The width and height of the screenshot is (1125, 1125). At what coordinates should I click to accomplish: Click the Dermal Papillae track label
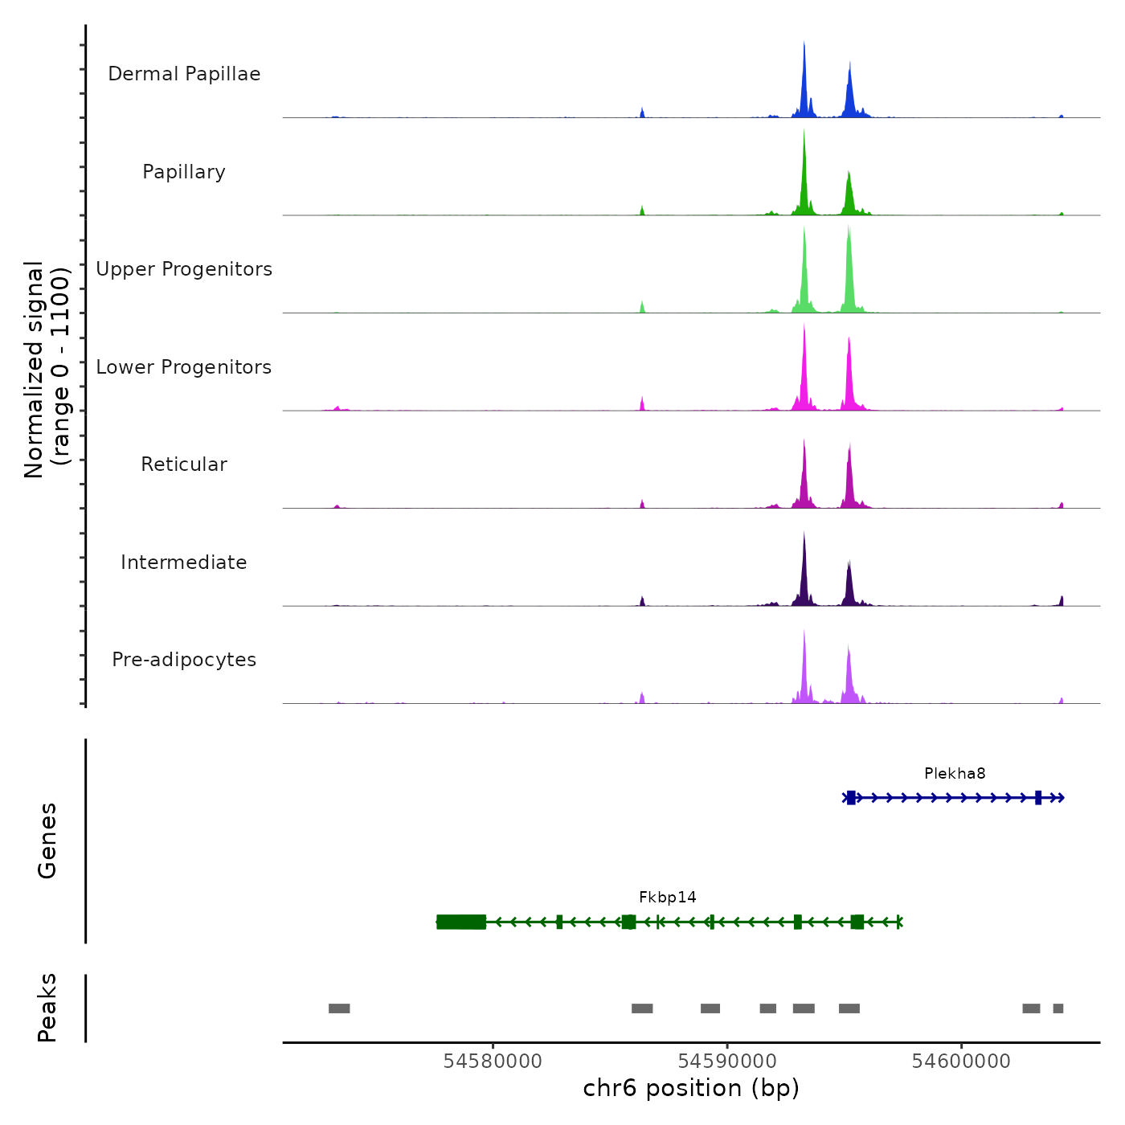(x=184, y=74)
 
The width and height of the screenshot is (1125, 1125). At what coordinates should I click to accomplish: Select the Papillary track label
(x=184, y=172)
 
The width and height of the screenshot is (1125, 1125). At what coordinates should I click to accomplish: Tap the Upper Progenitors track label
(x=184, y=269)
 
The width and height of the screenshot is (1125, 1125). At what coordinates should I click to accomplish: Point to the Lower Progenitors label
(x=184, y=367)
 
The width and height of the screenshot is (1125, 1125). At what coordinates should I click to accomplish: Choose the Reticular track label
(x=184, y=464)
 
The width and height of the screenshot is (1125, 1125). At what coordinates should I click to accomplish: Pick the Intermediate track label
(x=184, y=562)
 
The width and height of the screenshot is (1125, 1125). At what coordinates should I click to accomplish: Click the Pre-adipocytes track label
(x=184, y=660)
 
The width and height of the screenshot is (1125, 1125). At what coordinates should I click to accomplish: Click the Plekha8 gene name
(x=955, y=774)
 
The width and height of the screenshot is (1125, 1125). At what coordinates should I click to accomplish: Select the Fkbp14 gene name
(x=667, y=898)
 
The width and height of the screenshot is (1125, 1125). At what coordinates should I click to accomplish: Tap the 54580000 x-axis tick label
(x=493, y=1062)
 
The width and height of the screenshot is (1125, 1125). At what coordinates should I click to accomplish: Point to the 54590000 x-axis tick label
(x=727, y=1062)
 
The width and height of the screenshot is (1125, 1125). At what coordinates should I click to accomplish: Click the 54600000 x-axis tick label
(x=961, y=1062)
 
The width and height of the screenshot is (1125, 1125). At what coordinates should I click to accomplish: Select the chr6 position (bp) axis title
(x=691, y=1089)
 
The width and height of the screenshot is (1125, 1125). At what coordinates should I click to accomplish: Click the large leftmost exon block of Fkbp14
(x=461, y=922)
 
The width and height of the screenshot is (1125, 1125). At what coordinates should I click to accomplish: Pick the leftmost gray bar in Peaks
(x=339, y=1008)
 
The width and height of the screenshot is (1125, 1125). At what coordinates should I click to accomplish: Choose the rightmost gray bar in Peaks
(x=1058, y=1008)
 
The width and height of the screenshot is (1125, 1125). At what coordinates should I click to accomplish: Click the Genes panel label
(x=47, y=841)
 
